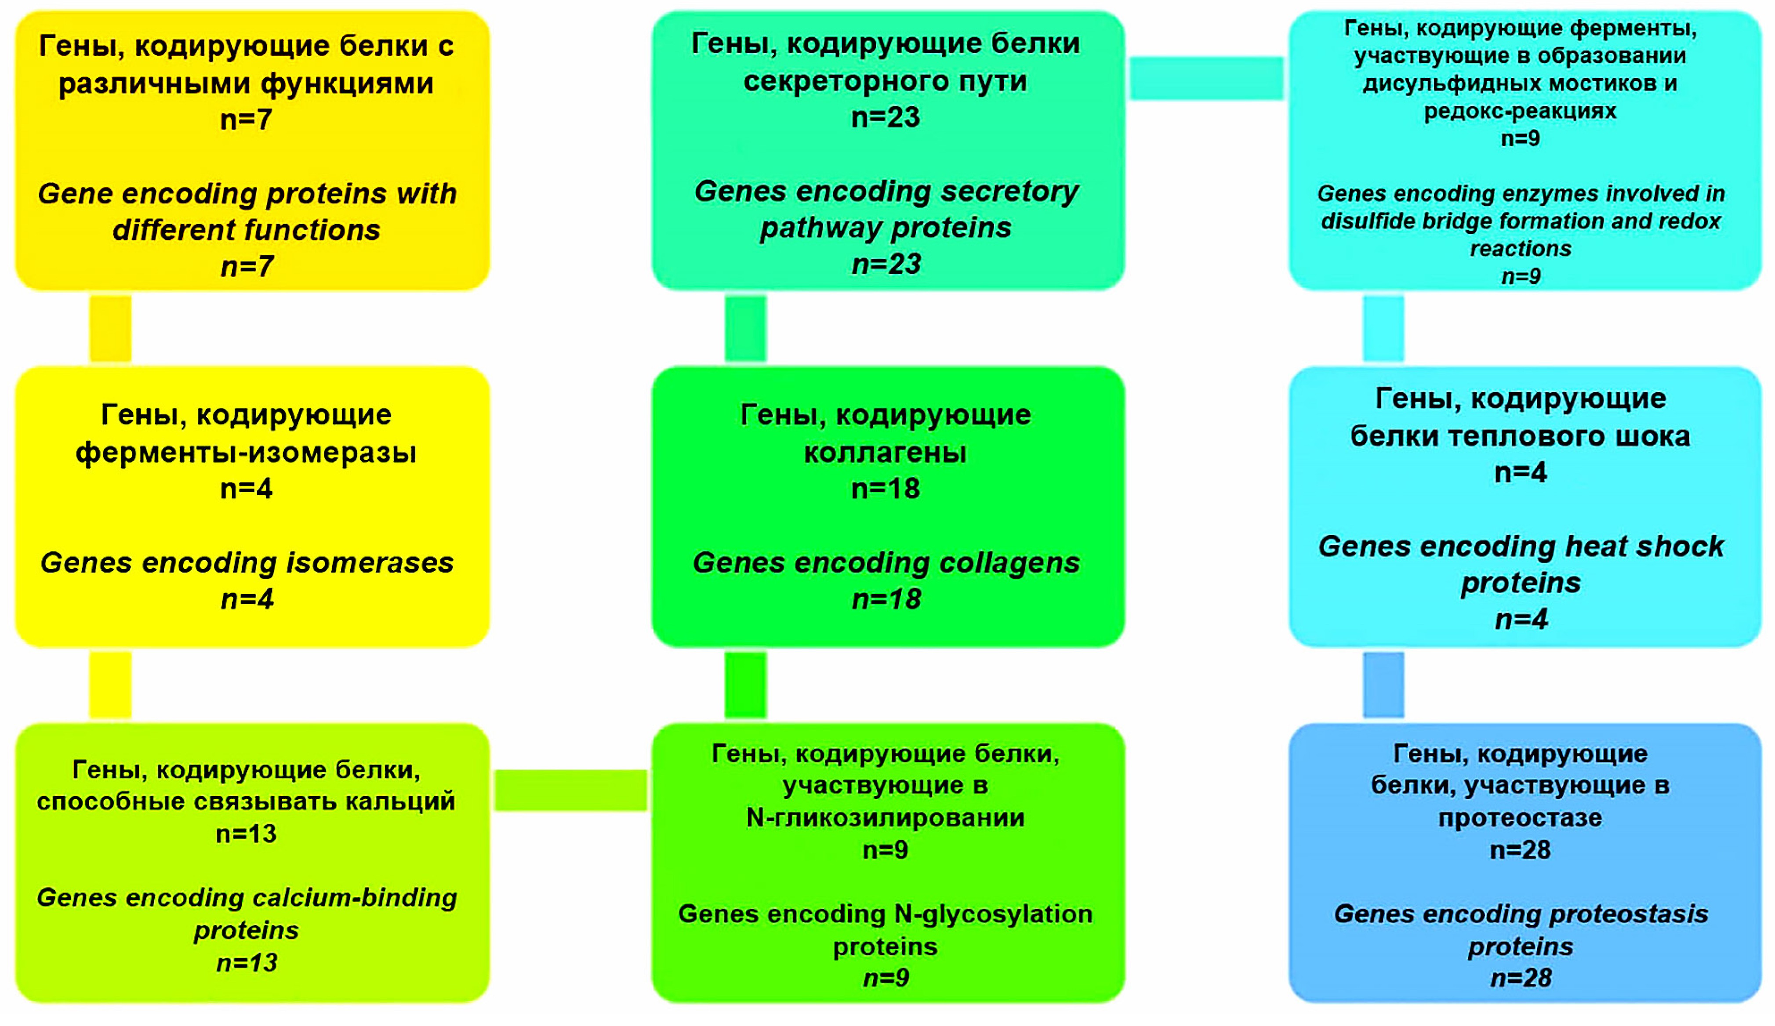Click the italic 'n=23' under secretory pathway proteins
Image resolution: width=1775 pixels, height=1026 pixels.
886,264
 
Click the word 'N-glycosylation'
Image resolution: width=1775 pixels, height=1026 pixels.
993,914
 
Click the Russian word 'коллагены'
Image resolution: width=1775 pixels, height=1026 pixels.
886,452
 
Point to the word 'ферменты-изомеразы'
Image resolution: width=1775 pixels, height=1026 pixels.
246,452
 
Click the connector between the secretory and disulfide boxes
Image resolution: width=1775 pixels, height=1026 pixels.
1207,78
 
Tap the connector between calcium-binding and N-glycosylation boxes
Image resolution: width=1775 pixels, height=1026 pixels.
570,790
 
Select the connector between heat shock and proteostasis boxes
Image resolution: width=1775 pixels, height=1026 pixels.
1383,685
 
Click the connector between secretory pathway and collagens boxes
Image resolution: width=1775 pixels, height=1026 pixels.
745,328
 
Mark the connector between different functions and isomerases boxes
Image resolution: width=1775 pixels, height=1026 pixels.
110,328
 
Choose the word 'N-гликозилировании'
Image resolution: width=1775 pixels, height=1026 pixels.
886,818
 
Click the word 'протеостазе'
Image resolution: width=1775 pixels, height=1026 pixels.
1520,818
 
